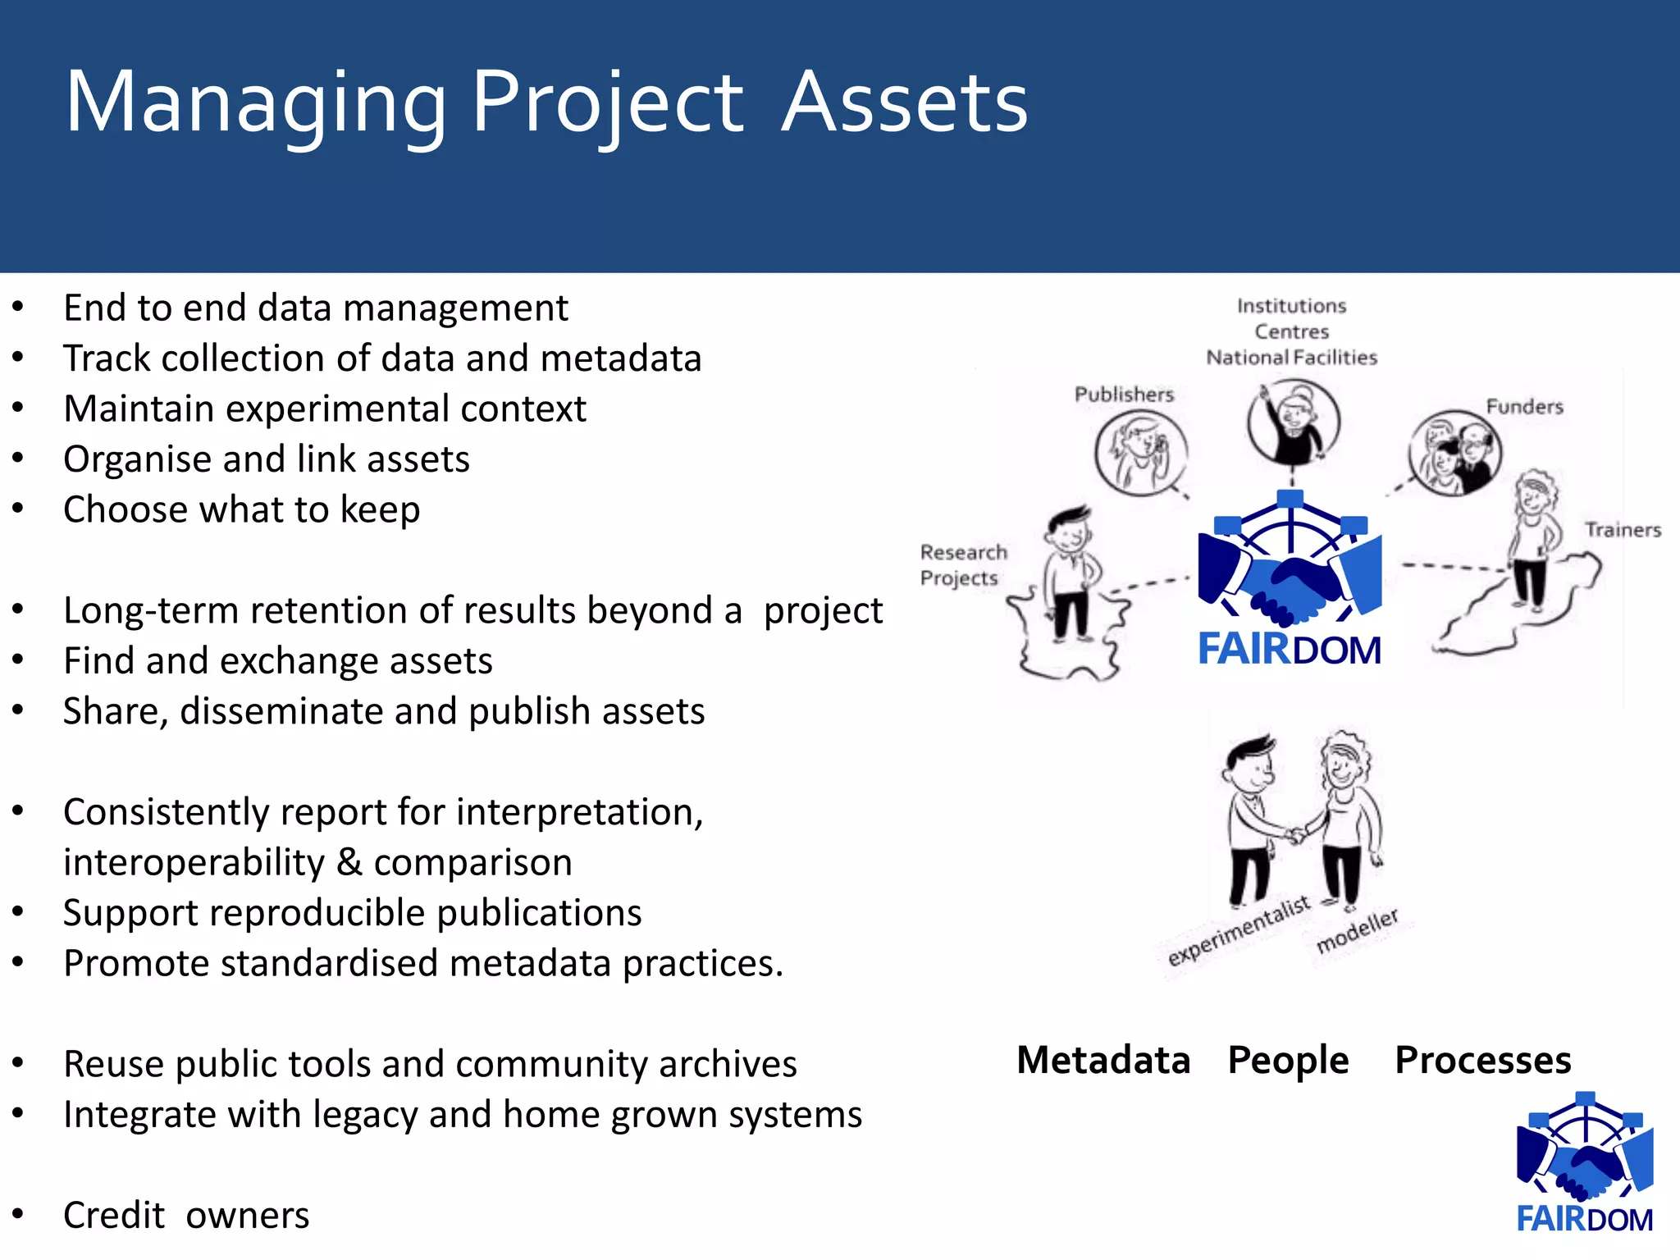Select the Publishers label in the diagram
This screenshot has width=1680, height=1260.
click(1124, 395)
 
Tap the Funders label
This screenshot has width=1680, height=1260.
click(1524, 407)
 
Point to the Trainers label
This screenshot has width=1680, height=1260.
click(1622, 530)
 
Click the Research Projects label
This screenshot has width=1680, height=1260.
click(962, 565)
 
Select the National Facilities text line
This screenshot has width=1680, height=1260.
click(1291, 358)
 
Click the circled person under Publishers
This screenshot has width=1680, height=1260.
click(1140, 452)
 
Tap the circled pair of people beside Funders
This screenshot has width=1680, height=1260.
click(1454, 453)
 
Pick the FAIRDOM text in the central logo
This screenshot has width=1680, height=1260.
click(1290, 649)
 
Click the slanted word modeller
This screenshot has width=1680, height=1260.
click(1357, 931)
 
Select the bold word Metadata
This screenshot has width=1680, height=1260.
click(1102, 1060)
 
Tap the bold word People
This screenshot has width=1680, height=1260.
click(1288, 1060)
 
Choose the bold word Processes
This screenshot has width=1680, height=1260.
click(1482, 1060)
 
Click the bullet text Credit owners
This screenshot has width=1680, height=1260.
click(186, 1215)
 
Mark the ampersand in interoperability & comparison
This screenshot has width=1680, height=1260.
click(349, 862)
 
